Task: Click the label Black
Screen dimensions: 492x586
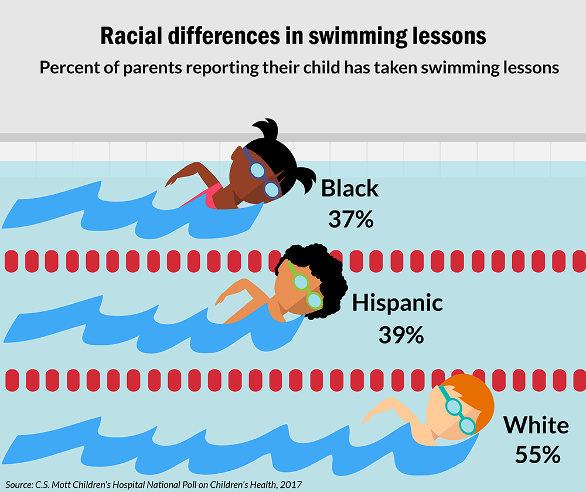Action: point(350,189)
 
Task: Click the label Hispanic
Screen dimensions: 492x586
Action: point(397,303)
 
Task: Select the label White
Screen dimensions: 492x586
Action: point(536,425)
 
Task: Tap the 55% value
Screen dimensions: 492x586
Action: point(538,454)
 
